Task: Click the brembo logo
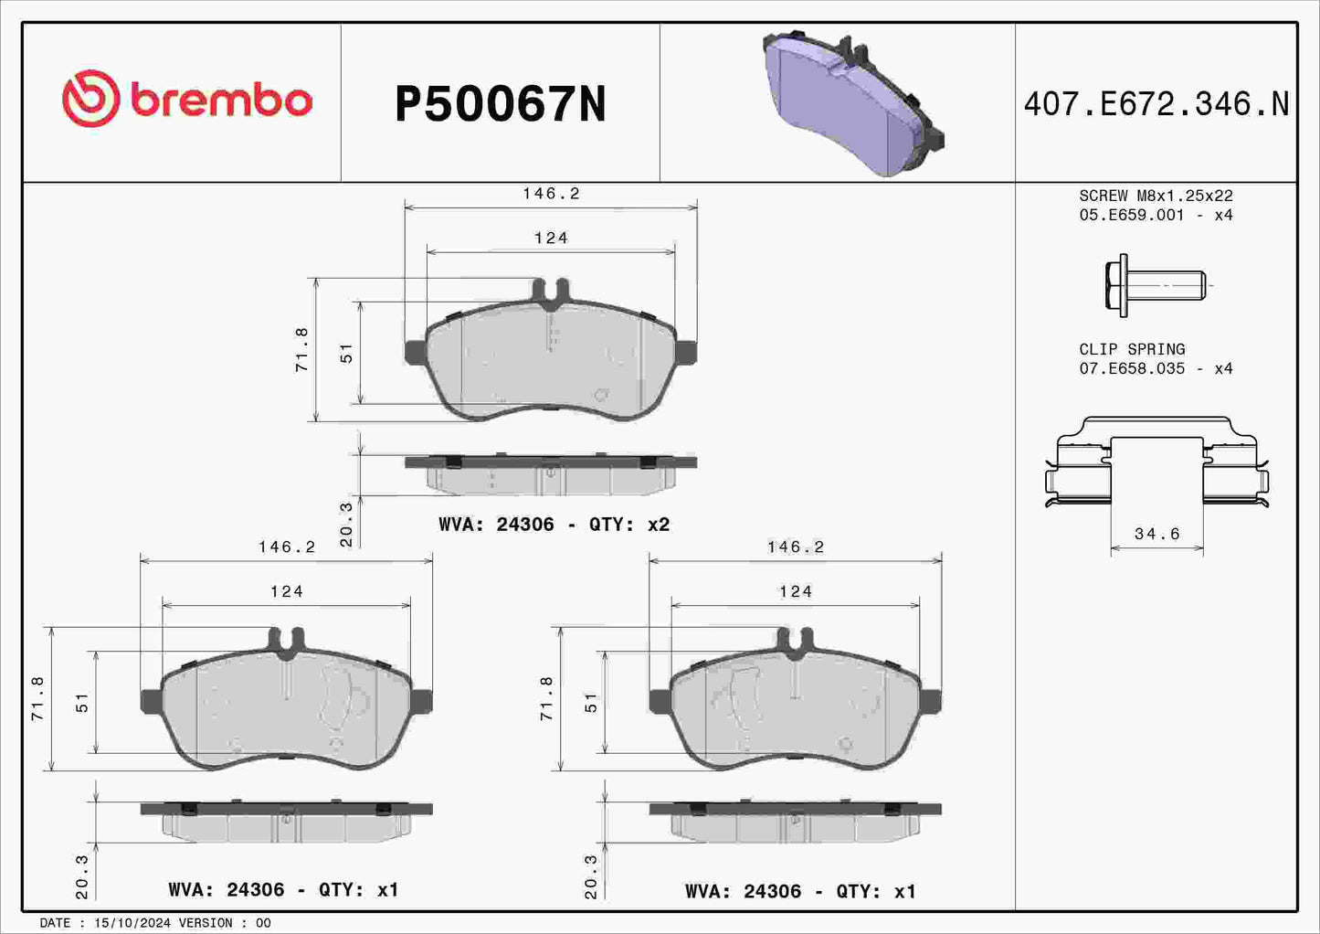pos(187,99)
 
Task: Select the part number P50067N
pos(500,104)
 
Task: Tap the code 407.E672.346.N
pos(1156,104)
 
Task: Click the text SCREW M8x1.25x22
pos(1156,196)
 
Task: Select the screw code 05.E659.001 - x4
pos(1156,215)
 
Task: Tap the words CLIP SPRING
pos(1132,349)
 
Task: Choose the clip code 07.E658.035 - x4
pos(1156,368)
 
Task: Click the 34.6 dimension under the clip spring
pos(1156,534)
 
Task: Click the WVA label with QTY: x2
pos(554,525)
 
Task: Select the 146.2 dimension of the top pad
pos(551,194)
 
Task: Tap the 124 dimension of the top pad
pos(551,238)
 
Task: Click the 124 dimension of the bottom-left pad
pos(286,591)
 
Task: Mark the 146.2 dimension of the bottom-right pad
pos(795,547)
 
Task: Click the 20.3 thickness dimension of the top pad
pos(346,524)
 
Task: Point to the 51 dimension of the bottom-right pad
pos(591,703)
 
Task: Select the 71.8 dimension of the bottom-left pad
pos(37,699)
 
